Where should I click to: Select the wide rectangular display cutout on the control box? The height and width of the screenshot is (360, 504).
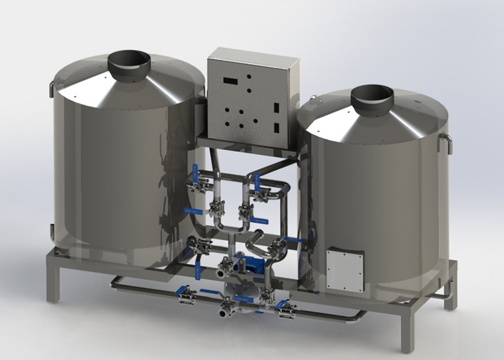[x=230, y=81]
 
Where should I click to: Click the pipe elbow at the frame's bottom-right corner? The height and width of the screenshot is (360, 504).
[x=362, y=313]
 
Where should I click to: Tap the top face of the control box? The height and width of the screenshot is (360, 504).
[x=252, y=53]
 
